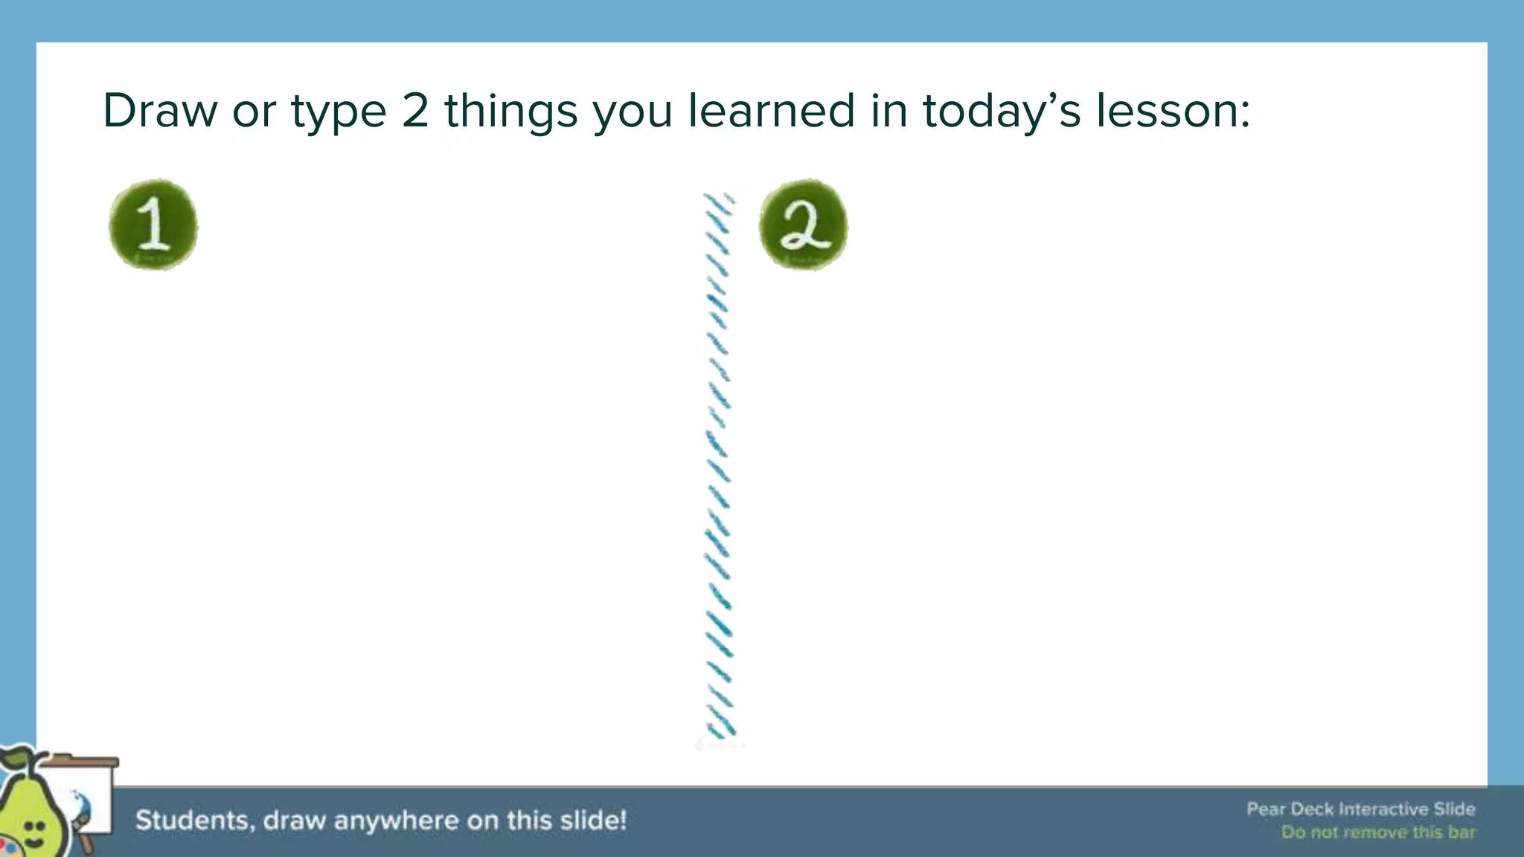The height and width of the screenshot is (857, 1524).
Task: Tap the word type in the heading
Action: [339, 112]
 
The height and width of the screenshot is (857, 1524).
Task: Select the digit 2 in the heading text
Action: [415, 111]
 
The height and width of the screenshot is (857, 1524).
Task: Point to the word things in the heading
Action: [511, 112]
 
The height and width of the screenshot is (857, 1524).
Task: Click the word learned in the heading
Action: [771, 111]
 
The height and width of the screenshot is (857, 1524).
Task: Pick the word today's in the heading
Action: [1002, 112]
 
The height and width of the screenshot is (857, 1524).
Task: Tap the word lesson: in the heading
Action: [1172, 111]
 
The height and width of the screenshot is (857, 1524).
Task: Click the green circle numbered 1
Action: [153, 225]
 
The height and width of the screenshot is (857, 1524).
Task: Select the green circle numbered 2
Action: [804, 225]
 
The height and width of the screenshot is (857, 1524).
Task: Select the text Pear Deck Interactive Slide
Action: [1360, 809]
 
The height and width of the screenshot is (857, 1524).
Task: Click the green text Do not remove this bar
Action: [1377, 832]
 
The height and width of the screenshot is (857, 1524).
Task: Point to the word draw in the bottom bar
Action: [293, 821]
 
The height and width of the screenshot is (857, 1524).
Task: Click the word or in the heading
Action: [252, 112]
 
